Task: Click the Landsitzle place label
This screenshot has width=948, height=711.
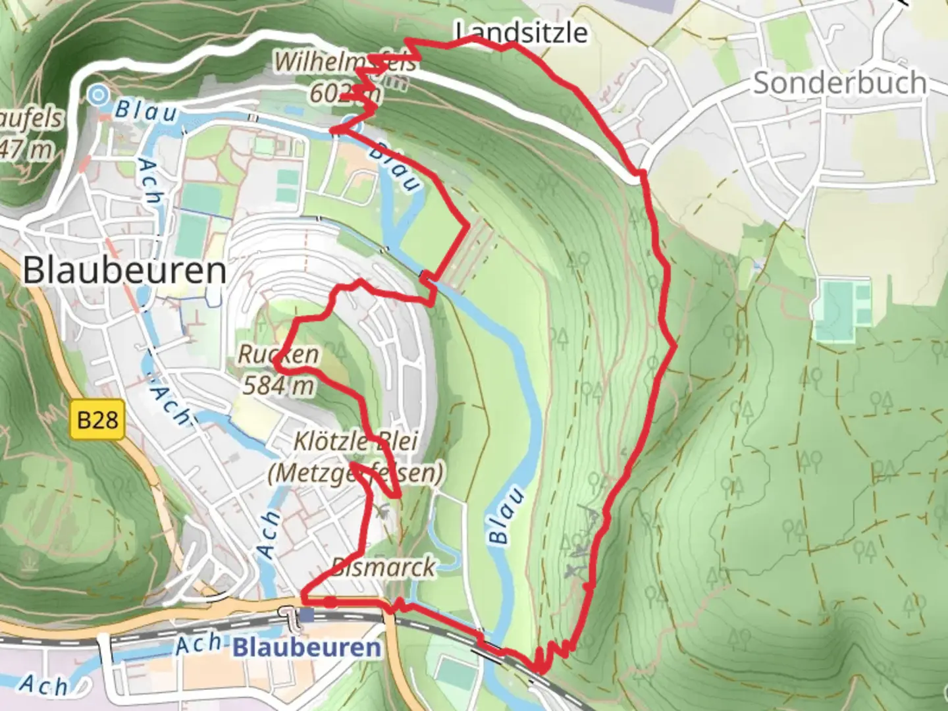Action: click(521, 32)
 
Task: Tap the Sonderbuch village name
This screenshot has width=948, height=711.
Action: click(839, 83)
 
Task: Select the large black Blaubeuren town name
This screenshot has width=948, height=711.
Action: click(125, 271)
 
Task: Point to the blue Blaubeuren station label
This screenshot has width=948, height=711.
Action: click(307, 647)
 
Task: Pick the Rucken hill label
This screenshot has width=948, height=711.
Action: click(278, 354)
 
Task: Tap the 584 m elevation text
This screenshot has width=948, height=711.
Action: click(278, 385)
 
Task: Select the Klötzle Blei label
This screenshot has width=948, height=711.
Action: click(355, 441)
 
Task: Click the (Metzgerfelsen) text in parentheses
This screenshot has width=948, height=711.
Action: click(355, 473)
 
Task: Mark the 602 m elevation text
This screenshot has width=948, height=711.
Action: click(344, 93)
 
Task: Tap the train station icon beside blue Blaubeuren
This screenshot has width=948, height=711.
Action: click(307, 616)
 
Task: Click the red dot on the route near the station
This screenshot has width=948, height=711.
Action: click(330, 602)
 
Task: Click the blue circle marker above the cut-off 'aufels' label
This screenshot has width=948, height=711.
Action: click(99, 95)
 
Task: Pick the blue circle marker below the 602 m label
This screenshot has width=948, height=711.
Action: click(353, 122)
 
